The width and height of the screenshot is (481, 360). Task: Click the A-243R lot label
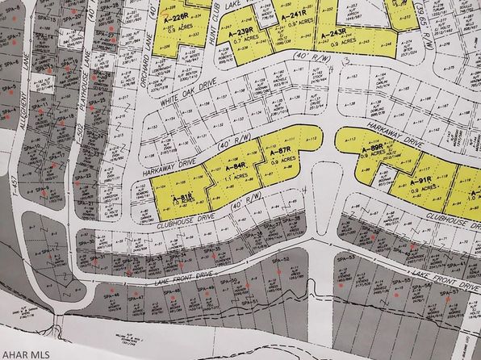click(x=333, y=38)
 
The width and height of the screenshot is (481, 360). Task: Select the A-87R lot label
click(x=282, y=153)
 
